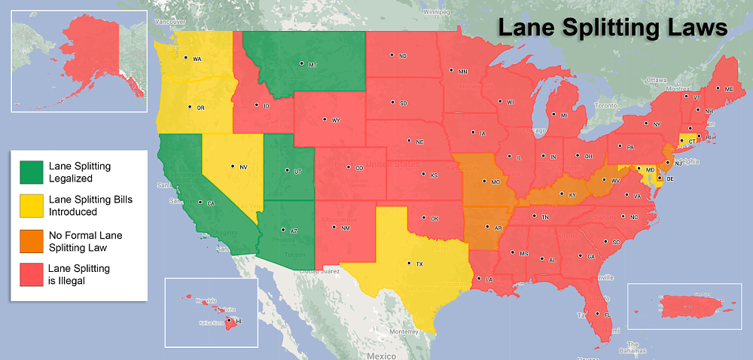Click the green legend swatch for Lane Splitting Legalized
point(31,172)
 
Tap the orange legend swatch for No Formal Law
point(31,240)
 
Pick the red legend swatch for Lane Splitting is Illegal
point(31,273)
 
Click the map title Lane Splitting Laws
point(611,28)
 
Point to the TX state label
point(419,264)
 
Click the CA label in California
point(210,203)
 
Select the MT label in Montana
point(312,65)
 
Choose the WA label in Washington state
point(197,59)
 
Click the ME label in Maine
point(727,89)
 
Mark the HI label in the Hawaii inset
point(239,321)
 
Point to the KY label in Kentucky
point(572,195)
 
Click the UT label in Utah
point(297,172)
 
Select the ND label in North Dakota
point(402,56)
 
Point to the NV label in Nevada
point(243,166)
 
